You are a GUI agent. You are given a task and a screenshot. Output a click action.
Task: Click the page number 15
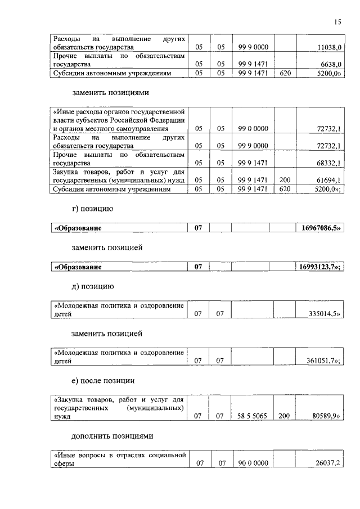click(x=337, y=22)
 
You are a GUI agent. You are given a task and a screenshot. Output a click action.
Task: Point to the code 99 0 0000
click(x=253, y=129)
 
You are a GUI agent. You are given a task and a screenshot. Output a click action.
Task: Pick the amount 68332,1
click(x=328, y=163)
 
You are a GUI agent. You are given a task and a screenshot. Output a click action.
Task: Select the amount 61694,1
click(x=328, y=180)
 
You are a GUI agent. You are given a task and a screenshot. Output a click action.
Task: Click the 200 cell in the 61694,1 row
click(x=284, y=180)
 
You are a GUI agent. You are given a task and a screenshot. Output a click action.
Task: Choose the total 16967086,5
click(x=319, y=228)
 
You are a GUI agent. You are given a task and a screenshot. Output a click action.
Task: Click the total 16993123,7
click(x=319, y=267)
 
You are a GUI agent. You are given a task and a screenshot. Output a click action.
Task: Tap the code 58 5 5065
click(x=253, y=417)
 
